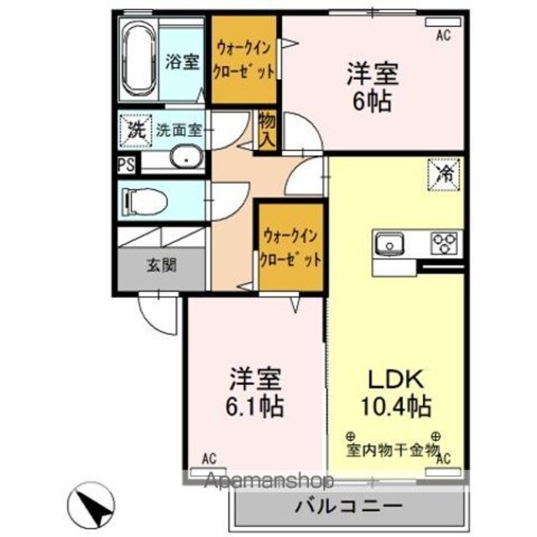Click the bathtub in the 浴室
pyautogui.click(x=138, y=60)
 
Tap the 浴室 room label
pyautogui.click(x=183, y=61)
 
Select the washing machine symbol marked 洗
pyautogui.click(x=135, y=131)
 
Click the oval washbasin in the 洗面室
pyautogui.click(x=186, y=157)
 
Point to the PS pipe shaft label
pyautogui.click(x=127, y=164)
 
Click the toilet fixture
pyautogui.click(x=146, y=202)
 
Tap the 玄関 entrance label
pyautogui.click(x=162, y=265)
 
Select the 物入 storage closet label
pyautogui.click(x=267, y=130)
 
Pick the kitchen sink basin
pyautogui.click(x=389, y=243)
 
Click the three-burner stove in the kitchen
pyautogui.click(x=444, y=243)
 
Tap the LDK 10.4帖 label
pyautogui.click(x=396, y=394)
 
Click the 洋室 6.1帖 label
pyautogui.click(x=255, y=393)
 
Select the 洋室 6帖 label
pyautogui.click(x=373, y=87)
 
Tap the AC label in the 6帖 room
pyautogui.click(x=443, y=35)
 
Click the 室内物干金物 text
pyautogui.click(x=393, y=451)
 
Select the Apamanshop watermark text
pyautogui.click(x=268, y=480)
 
